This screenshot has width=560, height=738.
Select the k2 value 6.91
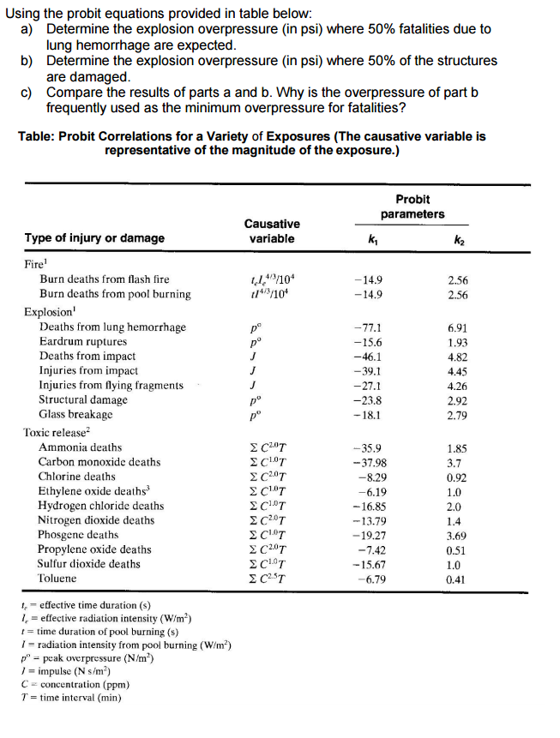(x=458, y=327)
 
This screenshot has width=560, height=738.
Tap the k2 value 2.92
(x=458, y=399)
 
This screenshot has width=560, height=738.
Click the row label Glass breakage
(x=75, y=414)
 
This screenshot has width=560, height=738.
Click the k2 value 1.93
(x=458, y=342)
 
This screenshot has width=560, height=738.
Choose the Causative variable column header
(x=272, y=231)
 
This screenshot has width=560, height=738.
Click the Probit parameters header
(x=412, y=207)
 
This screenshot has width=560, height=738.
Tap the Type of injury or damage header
(x=94, y=237)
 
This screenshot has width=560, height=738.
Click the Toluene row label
(x=57, y=579)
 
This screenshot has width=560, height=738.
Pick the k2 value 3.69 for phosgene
(x=458, y=535)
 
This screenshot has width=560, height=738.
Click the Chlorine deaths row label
(x=77, y=477)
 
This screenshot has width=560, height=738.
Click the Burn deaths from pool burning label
(x=115, y=294)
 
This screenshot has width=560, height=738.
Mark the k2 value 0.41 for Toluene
(x=458, y=579)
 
